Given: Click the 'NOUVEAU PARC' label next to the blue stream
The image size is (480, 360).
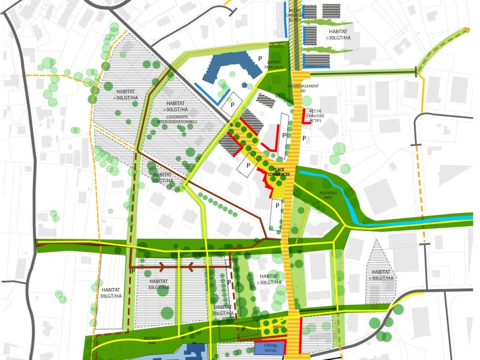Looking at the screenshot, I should (x=328, y=195).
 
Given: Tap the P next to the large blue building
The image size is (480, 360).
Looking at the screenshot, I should (x=260, y=58).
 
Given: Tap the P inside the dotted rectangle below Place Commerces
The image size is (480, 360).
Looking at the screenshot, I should (x=277, y=206).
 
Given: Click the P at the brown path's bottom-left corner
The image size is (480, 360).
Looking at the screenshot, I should (x=133, y=271).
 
